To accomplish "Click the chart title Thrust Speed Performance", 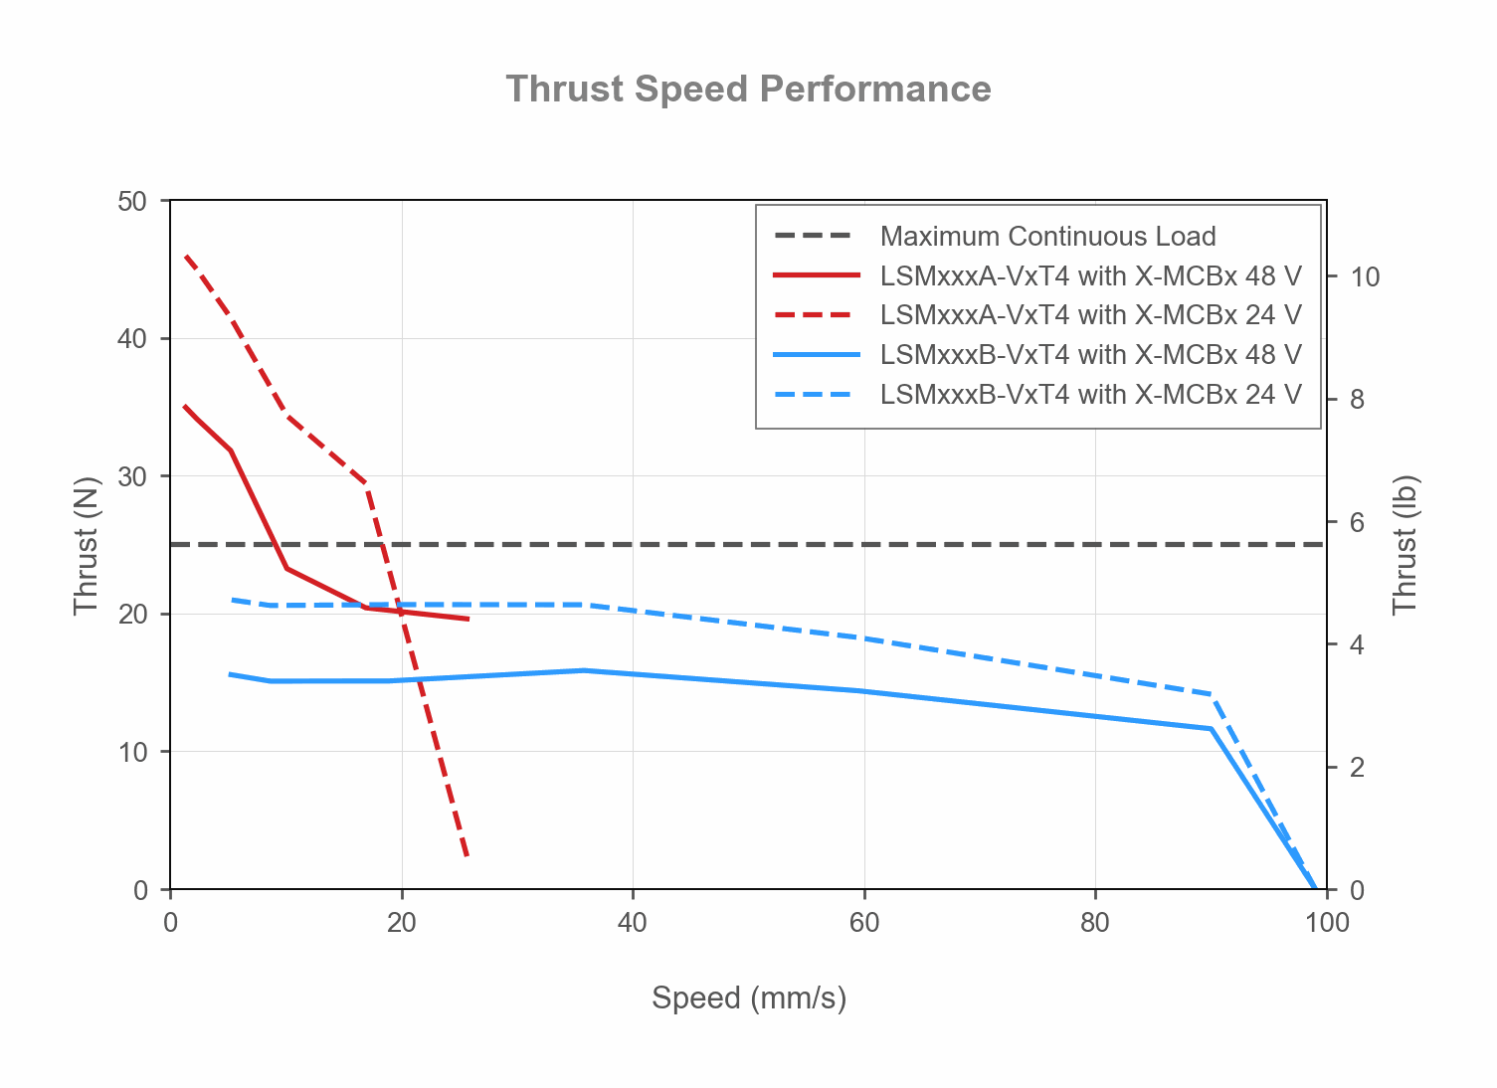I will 748,90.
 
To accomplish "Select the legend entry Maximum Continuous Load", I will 1047,237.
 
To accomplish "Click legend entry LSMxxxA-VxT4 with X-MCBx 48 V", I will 1090,275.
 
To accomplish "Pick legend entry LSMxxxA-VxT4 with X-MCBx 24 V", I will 1090,315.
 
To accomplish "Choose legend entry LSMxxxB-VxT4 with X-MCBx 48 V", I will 1090,355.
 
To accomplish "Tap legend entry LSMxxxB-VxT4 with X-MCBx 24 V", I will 1090,395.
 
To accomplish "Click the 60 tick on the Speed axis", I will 863,923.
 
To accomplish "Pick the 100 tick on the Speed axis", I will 1326,923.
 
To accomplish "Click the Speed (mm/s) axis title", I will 748,997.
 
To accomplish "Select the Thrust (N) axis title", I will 87,546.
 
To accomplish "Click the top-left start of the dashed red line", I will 186,256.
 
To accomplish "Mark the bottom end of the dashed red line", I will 467,856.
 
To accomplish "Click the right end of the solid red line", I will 468,620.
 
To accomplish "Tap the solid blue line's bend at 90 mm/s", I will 1211,729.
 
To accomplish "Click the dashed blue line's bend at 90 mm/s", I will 1211,694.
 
